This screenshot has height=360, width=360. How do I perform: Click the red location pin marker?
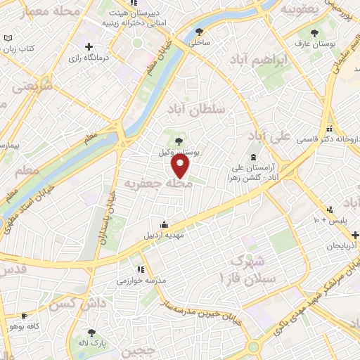tap(181, 166)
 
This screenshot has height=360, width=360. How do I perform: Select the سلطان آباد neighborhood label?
tap(195, 109)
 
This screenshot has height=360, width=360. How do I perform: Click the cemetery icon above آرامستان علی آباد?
tap(253, 157)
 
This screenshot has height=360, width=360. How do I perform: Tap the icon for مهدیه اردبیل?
tap(165, 224)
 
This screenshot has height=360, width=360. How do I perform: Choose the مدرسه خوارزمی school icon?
tap(141, 269)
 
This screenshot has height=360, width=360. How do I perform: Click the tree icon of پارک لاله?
tap(91, 332)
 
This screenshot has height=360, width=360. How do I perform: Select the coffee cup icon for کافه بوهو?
tap(25, 316)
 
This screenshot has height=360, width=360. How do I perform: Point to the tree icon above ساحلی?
tap(200, 32)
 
